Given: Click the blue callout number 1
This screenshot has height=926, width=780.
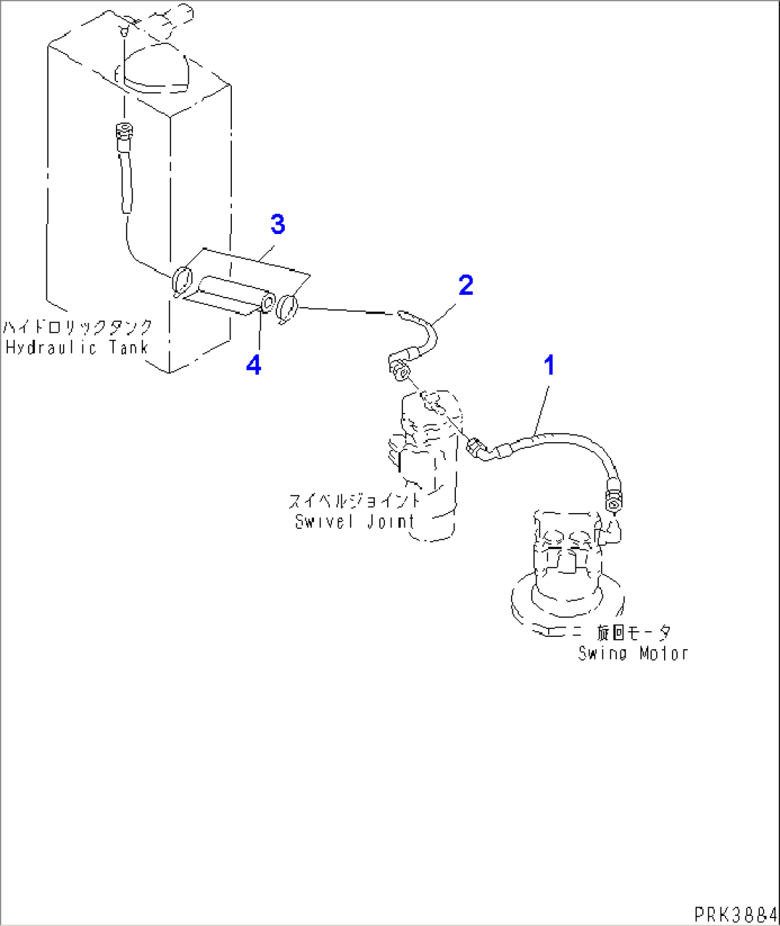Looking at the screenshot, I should (x=549, y=366).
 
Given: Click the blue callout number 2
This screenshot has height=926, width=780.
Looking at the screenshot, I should (x=466, y=286).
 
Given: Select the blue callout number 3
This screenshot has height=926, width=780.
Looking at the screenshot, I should (x=278, y=225).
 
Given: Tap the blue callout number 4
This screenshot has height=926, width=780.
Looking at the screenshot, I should (x=253, y=366).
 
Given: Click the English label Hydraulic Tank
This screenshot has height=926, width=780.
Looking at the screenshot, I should (x=77, y=348).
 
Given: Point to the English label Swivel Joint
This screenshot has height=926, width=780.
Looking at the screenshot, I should (x=355, y=522).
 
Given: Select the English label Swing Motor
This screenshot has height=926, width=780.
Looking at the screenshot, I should (x=633, y=653).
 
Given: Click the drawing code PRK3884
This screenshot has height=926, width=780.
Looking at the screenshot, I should (x=734, y=914).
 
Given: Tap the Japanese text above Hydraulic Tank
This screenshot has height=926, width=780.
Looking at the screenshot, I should (x=77, y=328).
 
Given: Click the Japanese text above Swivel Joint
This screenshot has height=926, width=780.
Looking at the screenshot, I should (x=354, y=501).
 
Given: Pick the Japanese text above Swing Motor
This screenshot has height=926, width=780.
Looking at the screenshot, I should (x=634, y=633).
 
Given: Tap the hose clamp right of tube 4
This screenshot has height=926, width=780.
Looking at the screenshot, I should (x=288, y=308).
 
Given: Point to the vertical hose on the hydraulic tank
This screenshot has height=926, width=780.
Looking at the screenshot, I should (x=126, y=172).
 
